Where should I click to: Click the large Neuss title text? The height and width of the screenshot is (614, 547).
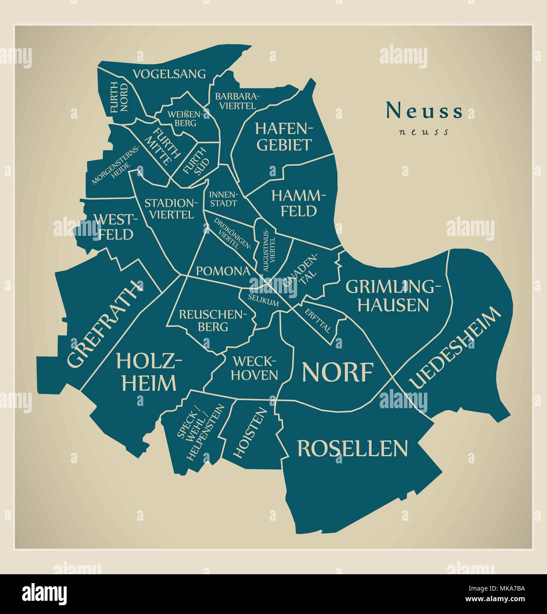pos(425,111)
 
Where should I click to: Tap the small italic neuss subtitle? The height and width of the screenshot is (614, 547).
pos(424,132)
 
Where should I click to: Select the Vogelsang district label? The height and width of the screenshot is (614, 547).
pos(170,74)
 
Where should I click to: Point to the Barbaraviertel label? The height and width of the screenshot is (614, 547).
pos(238,101)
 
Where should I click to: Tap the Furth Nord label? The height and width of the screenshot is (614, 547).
pos(119,97)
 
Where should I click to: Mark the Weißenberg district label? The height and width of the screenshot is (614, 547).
pos(185,118)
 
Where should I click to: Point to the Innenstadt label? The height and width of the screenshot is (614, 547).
pos(223,199)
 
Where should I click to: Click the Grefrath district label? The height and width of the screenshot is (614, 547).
pos(105,324)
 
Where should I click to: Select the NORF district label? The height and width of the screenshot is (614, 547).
pos(338,371)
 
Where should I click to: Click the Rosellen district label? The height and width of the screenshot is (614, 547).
pos(352,448)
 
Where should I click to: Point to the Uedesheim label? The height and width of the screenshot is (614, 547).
pos(455,348)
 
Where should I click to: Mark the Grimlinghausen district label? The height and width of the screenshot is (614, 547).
pos(393,296)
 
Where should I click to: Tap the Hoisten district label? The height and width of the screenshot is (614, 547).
pos(250,433)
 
